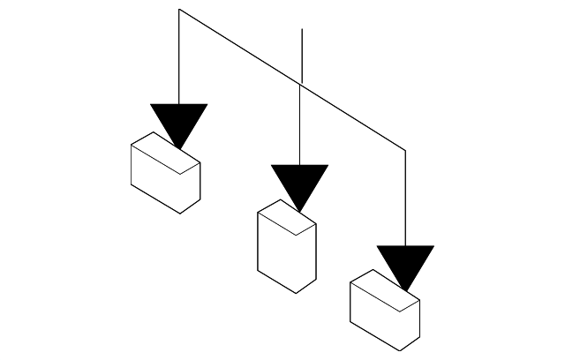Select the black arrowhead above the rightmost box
coord(405,263)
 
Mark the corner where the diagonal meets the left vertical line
coord(179,10)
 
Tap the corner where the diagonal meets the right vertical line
coord(405,151)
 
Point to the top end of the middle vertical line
coord(302,30)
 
